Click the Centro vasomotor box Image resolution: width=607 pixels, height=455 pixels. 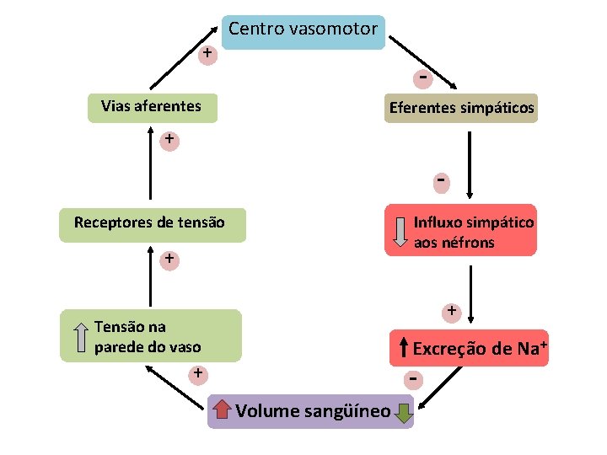click(303, 31)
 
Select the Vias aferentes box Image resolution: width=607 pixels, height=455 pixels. click(152, 107)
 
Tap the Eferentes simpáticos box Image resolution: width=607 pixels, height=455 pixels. click(460, 109)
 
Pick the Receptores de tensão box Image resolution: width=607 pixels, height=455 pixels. click(150, 224)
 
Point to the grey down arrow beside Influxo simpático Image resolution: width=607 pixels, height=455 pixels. click(400, 233)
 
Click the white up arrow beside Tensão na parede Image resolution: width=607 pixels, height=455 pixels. click(81, 336)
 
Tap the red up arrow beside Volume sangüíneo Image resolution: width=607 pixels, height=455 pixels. click(222, 410)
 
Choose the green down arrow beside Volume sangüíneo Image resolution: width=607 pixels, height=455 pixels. click(403, 412)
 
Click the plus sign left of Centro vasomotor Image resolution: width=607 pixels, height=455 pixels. click(207, 55)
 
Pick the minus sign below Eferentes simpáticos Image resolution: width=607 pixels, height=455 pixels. click(440, 180)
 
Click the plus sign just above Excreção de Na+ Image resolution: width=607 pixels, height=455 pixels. click(452, 312)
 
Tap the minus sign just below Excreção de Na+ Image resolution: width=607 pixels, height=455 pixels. click(413, 380)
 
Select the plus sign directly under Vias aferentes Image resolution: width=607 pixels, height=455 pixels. click(169, 139)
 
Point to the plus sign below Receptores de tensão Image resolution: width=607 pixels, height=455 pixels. click(169, 259)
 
